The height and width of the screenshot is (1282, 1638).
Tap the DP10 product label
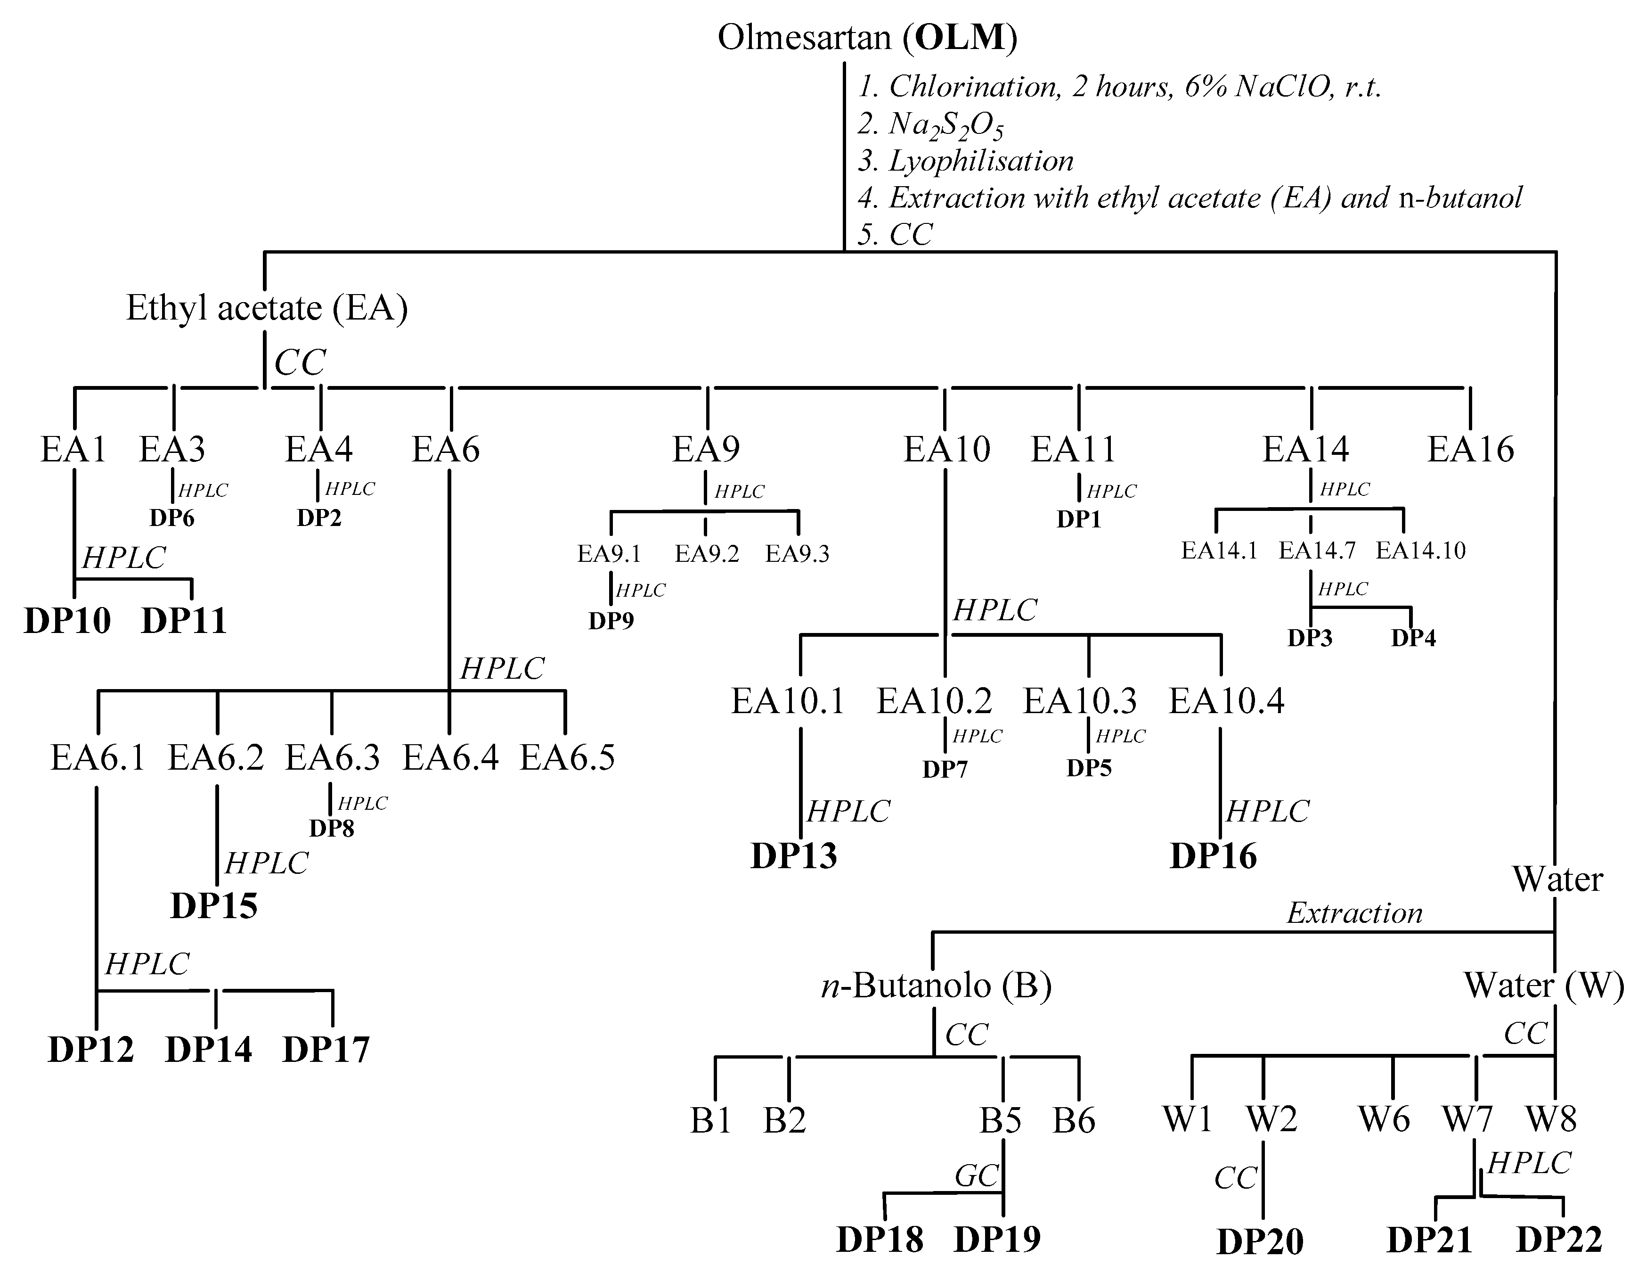[x=67, y=621]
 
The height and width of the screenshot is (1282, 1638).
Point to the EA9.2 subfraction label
[x=706, y=554]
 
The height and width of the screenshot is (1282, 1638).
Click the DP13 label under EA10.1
[x=793, y=855]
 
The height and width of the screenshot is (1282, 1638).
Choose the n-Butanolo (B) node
[x=937, y=986]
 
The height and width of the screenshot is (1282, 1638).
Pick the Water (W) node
[x=1543, y=986]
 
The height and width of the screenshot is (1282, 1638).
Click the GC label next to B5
[x=976, y=1175]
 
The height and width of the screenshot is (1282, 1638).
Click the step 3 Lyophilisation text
[x=966, y=161]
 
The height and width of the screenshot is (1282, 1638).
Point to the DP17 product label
[x=326, y=1049]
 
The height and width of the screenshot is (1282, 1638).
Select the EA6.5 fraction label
[x=567, y=757]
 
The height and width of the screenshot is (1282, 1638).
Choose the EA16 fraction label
[x=1470, y=450]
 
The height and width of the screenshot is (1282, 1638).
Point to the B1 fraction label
[x=710, y=1121]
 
